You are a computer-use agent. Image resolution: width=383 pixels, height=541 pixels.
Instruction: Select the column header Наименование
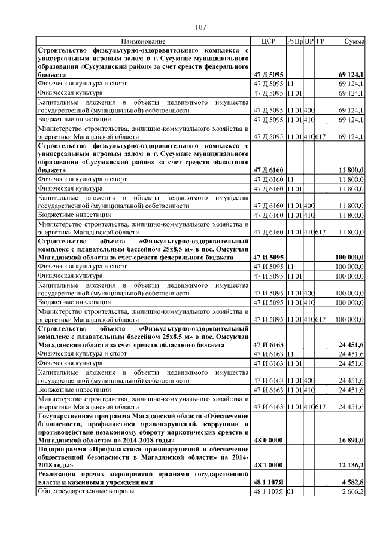click(x=143, y=41)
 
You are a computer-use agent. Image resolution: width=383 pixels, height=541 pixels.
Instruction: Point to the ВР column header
click(x=309, y=41)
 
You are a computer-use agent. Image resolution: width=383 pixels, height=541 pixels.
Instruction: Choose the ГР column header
click(x=320, y=41)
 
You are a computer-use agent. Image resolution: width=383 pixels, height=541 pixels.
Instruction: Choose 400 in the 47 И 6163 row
click(x=309, y=380)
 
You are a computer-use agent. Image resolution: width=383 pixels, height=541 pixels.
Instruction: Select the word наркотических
click(x=187, y=432)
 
